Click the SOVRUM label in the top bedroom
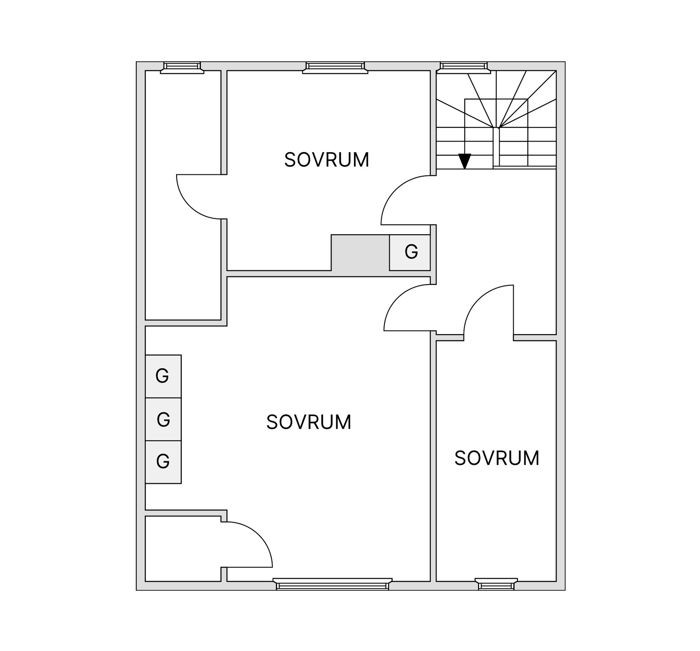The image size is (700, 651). (x=326, y=160)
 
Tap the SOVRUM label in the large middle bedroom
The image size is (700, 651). (x=308, y=422)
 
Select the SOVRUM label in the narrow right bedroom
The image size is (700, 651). (x=497, y=458)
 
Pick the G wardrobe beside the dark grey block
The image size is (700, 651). (x=410, y=252)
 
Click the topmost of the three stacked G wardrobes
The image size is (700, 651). (x=163, y=376)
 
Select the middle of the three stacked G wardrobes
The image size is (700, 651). (x=163, y=419)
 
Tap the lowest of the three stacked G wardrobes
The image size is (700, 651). (x=163, y=462)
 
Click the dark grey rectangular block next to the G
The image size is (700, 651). (x=360, y=253)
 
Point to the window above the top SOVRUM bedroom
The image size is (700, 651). (x=335, y=67)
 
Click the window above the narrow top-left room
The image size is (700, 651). (x=182, y=67)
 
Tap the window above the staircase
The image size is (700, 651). (x=464, y=67)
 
